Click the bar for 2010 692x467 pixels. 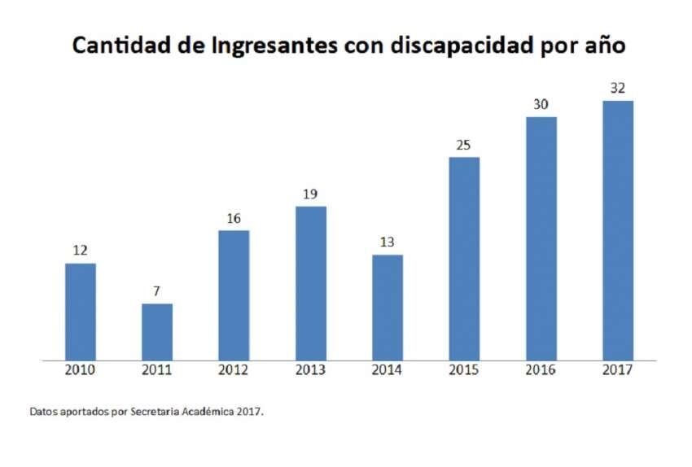pyautogui.click(x=81, y=311)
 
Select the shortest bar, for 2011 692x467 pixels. pyautogui.click(x=157, y=331)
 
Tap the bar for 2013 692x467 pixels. pyautogui.click(x=311, y=282)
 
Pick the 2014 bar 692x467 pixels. pyautogui.click(x=388, y=307)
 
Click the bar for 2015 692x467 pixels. pyautogui.click(x=464, y=258)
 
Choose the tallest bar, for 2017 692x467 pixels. pyautogui.click(x=618, y=229)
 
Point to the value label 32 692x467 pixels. pyautogui.click(x=618, y=88)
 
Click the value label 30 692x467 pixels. pyautogui.click(x=541, y=104)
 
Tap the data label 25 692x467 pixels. pyautogui.click(x=464, y=145)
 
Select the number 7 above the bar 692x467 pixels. pyautogui.click(x=157, y=291)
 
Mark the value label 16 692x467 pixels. pyautogui.click(x=234, y=218)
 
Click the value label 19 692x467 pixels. pyautogui.click(x=311, y=194)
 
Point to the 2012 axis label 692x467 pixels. pyautogui.click(x=234, y=370)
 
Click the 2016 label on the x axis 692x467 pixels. pyautogui.click(x=541, y=370)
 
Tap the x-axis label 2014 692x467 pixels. pyautogui.click(x=388, y=370)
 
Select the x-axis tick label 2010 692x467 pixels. pyautogui.click(x=81, y=370)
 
